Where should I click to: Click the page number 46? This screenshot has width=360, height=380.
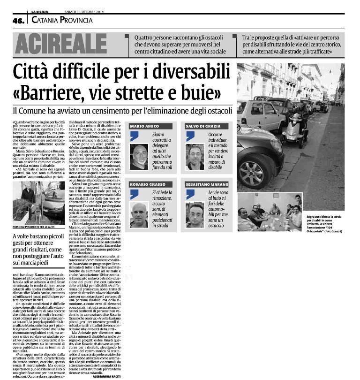(x=19, y=20)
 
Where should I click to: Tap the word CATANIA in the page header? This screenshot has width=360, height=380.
(x=46, y=20)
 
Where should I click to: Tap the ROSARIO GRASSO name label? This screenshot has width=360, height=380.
(x=146, y=185)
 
